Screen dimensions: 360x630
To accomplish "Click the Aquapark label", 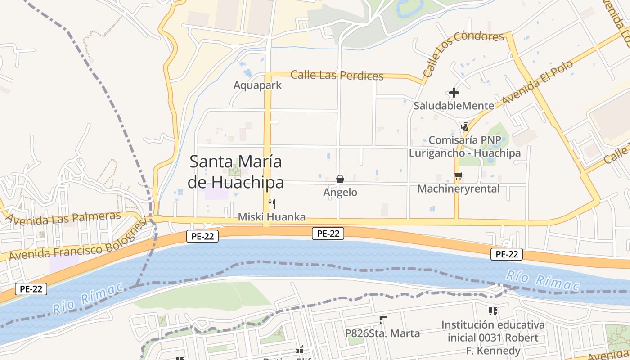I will [x=257, y=85].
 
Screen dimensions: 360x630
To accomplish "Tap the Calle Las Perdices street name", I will [x=337, y=75].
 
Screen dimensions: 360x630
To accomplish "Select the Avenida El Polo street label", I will [x=537, y=82].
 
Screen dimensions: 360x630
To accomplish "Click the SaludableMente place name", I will [x=454, y=106].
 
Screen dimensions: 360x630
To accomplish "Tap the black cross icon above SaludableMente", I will [x=454, y=93].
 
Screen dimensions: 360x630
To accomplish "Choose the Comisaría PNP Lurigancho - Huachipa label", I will [x=464, y=146].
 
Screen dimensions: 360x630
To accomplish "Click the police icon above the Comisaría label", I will [x=464, y=126].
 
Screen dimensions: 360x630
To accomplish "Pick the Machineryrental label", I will [x=458, y=189].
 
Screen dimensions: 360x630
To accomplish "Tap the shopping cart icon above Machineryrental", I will [x=458, y=176].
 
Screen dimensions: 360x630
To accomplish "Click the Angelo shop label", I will [x=340, y=193].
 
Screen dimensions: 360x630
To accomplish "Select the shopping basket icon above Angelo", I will [x=340, y=179].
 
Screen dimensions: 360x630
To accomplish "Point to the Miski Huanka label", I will [x=271, y=217].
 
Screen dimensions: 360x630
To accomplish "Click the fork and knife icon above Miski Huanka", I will [x=271, y=204].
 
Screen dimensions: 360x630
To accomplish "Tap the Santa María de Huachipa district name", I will [x=236, y=171].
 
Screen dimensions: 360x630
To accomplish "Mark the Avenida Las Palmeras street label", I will [x=63, y=218].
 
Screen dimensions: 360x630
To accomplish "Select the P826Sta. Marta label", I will [x=382, y=333].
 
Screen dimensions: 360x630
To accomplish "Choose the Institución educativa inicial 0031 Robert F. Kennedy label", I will [x=493, y=337].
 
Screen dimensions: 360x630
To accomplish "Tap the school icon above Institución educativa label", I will [x=493, y=311].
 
